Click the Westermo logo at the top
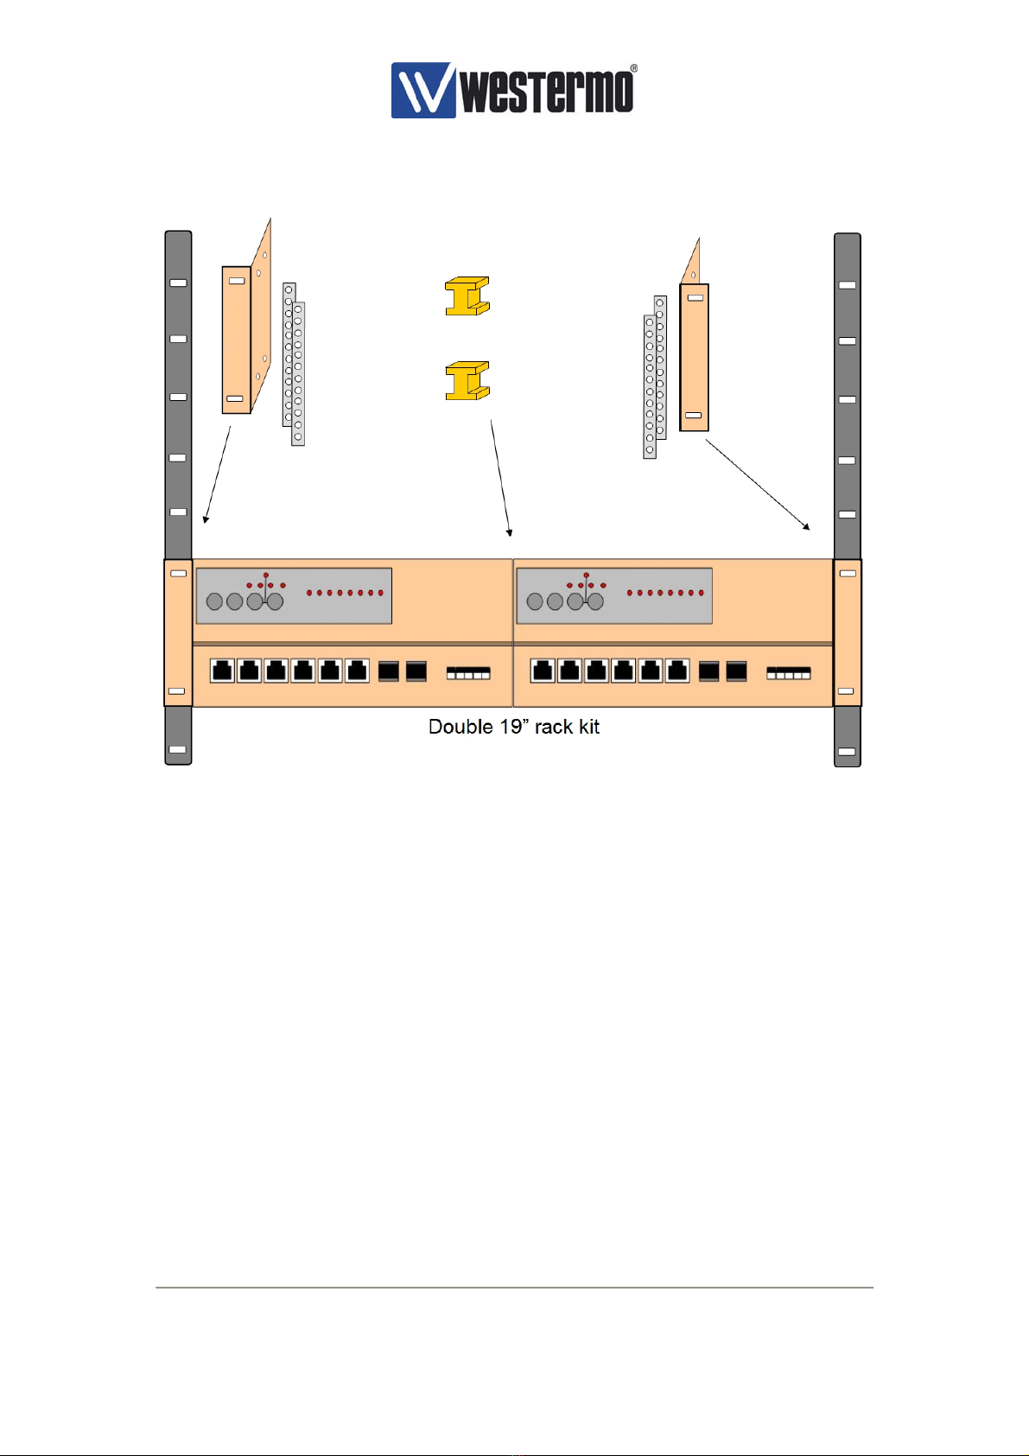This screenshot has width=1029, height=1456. pyautogui.click(x=513, y=89)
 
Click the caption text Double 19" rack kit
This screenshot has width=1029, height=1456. pyautogui.click(x=513, y=727)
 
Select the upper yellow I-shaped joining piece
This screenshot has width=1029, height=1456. pyautogui.click(x=467, y=296)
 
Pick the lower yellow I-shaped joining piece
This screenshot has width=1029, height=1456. pyautogui.click(x=467, y=381)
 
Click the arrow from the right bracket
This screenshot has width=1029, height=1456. pyautogui.click(x=758, y=484)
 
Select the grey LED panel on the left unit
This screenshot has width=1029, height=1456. pyautogui.click(x=294, y=595)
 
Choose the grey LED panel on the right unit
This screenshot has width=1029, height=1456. pyautogui.click(x=614, y=595)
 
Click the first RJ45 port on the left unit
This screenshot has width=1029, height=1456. pyautogui.click(x=223, y=670)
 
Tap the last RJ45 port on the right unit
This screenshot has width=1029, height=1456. pyautogui.click(x=677, y=670)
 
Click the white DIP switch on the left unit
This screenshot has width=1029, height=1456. pyautogui.click(x=468, y=672)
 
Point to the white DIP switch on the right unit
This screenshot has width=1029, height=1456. pyautogui.click(x=789, y=672)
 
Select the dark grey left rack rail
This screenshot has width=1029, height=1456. pyautogui.click(x=178, y=415)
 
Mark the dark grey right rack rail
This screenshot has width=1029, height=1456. pyautogui.click(x=848, y=415)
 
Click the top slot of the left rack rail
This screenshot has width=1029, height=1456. pyautogui.click(x=178, y=283)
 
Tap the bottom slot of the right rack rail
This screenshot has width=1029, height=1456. pyautogui.click(x=848, y=752)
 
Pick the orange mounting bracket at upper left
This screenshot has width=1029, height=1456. pyautogui.click(x=237, y=340)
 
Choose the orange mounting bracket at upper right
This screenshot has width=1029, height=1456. pyautogui.click(x=694, y=357)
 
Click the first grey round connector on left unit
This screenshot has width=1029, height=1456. pyautogui.click(x=215, y=601)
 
